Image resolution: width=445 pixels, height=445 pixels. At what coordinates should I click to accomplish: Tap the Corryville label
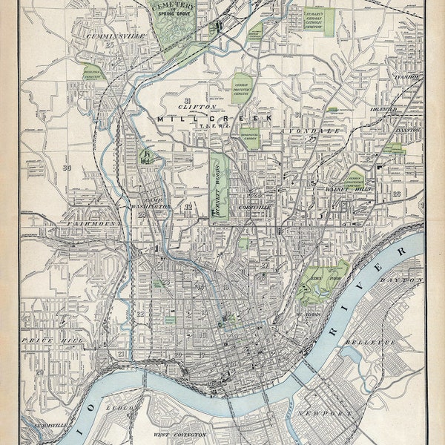tap(253, 207)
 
